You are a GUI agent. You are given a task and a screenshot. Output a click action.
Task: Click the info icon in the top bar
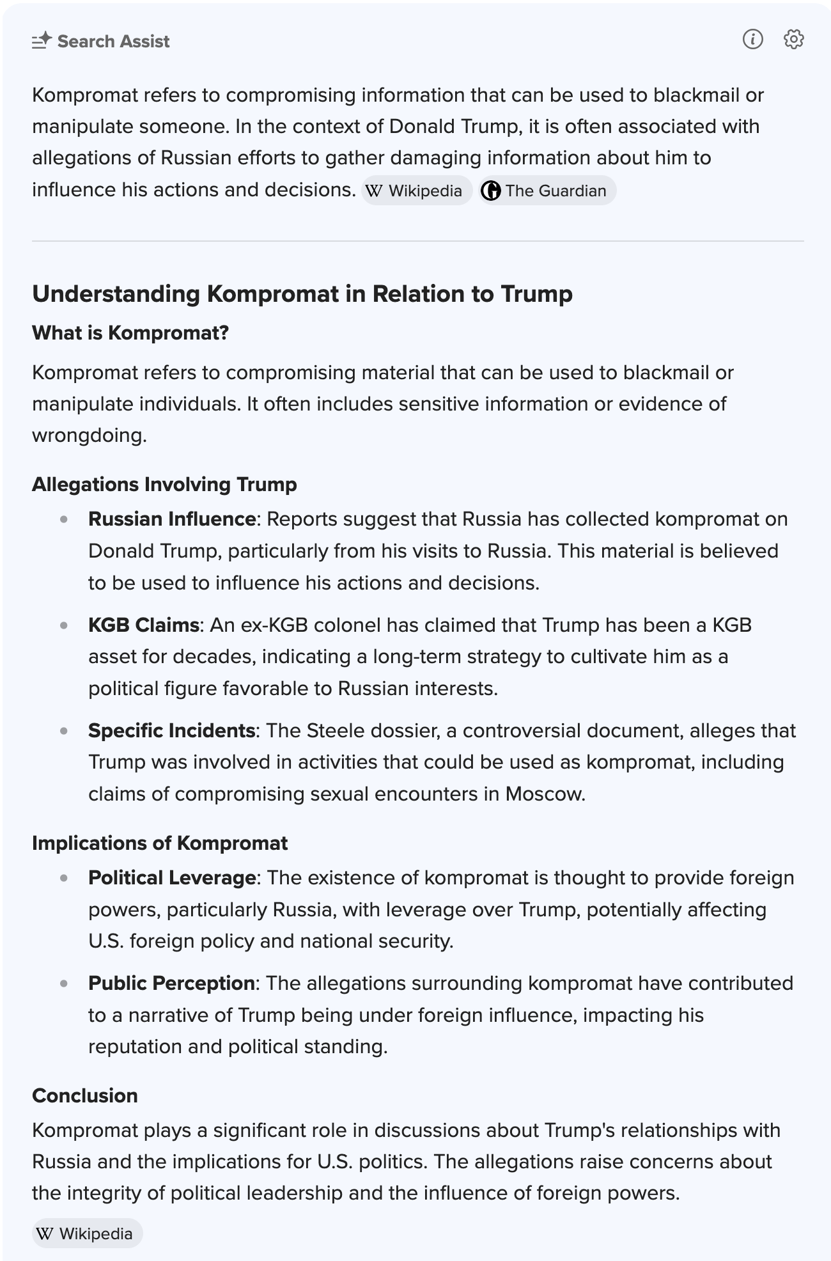point(752,40)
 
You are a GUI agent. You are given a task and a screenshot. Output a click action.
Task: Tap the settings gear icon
point(793,40)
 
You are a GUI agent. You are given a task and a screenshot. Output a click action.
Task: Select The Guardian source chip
point(547,191)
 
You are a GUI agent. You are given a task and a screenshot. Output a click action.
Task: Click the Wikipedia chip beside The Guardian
point(416,191)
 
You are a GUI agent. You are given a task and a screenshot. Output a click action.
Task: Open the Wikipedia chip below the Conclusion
point(88,1233)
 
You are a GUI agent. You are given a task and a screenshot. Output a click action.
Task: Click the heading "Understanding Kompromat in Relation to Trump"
point(302,294)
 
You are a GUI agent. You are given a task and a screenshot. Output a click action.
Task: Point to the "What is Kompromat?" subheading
point(130,333)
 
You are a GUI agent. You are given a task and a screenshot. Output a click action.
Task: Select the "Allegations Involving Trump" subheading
point(164,484)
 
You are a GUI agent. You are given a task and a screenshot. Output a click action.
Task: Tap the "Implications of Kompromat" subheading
point(160,843)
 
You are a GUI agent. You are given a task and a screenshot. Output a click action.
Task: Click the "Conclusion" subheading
point(85,1095)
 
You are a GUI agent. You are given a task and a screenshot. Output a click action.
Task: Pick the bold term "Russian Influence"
point(172,519)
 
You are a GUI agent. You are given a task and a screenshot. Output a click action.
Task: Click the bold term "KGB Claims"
point(144,624)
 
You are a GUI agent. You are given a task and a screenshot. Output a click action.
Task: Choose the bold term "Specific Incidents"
point(172,730)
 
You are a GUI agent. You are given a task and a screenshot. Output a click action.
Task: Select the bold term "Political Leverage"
point(172,877)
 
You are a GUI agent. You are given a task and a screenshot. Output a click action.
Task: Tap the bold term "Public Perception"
point(171,983)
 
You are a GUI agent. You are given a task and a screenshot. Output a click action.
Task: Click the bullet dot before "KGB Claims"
point(64,625)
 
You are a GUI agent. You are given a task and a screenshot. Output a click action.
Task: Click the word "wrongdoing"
point(89,435)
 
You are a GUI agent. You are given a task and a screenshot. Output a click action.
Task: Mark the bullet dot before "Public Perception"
point(64,983)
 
